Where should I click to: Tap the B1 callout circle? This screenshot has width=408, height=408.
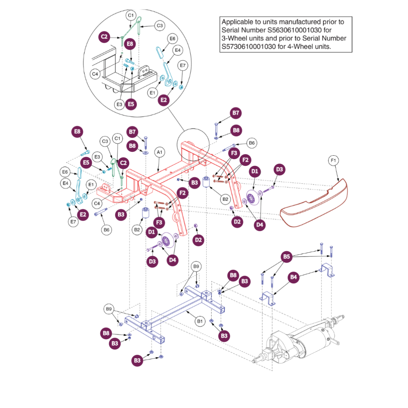click(x=200, y=321)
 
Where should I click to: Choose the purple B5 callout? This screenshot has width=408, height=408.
click(x=287, y=257)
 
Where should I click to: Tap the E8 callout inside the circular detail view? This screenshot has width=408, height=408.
click(x=130, y=44)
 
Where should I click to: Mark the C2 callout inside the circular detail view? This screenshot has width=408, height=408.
click(x=104, y=36)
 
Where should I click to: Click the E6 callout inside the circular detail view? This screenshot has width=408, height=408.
click(x=173, y=39)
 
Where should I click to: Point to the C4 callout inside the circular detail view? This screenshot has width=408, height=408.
click(x=95, y=74)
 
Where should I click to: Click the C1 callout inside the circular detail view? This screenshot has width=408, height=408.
click(x=131, y=15)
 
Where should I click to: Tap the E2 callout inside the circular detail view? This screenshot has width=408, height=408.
click(x=164, y=100)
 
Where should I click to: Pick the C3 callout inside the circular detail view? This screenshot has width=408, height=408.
click(x=160, y=26)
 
